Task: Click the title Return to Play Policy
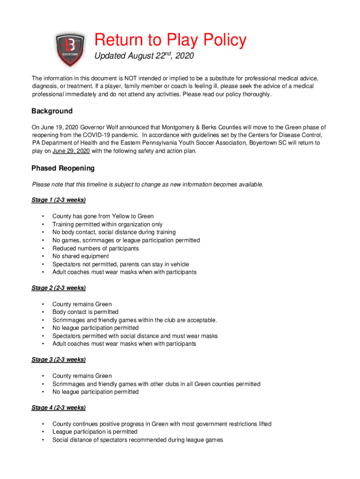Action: tap(170, 40)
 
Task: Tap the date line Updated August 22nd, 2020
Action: tap(144, 57)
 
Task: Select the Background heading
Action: tap(52, 111)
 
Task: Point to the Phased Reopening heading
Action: tap(63, 168)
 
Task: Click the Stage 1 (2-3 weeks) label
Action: tap(58, 200)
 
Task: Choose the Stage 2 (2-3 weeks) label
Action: tap(58, 288)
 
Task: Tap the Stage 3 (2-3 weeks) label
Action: tap(58, 360)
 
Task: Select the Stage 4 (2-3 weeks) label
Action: tap(58, 408)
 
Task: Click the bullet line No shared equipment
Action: tap(80, 256)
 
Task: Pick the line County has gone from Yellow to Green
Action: tap(103, 217)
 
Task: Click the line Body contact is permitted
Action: tap(85, 312)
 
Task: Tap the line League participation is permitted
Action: tap(94, 432)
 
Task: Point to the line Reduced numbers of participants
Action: tap(95, 248)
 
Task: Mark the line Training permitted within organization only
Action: tap(108, 225)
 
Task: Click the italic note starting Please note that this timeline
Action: tap(147, 184)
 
